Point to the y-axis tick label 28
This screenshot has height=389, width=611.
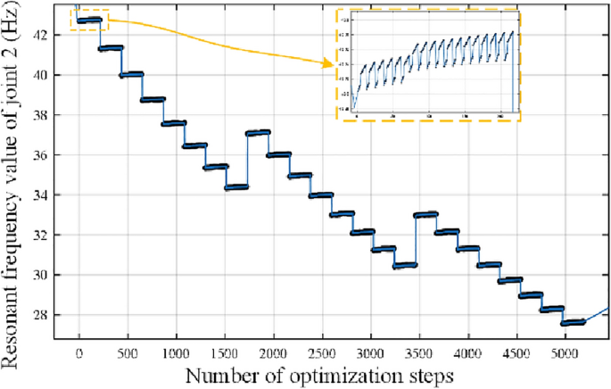51,315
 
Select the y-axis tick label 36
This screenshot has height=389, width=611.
51,155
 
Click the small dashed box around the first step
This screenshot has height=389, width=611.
89,20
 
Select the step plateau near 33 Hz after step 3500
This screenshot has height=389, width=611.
427,214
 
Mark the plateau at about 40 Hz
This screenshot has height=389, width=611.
131,74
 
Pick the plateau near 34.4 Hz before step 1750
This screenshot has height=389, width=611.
236,186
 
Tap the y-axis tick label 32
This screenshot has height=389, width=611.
51,235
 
